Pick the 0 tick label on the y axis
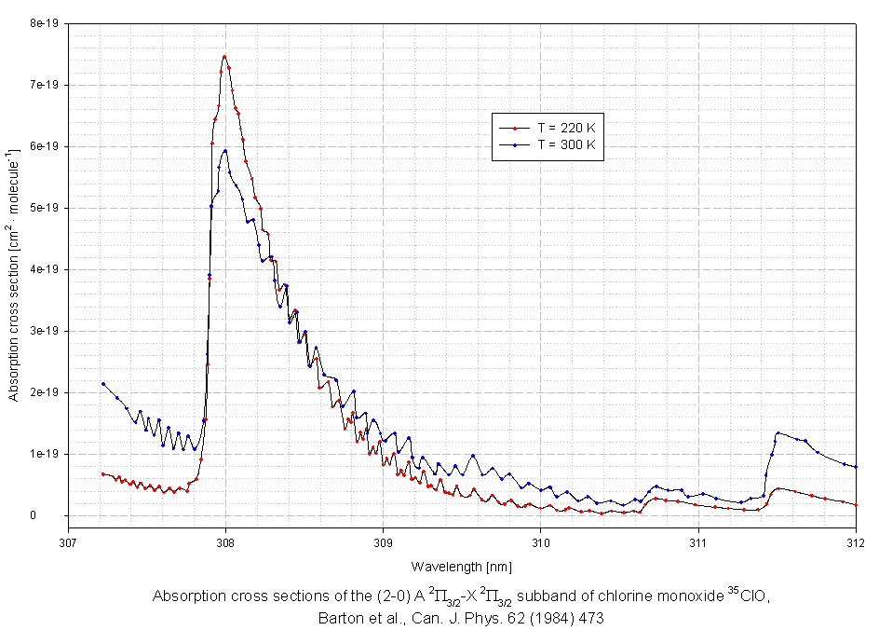(x=56, y=515)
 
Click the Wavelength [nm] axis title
(x=461, y=566)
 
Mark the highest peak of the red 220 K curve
(x=224, y=57)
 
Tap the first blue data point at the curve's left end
(x=103, y=384)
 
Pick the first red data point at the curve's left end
(x=103, y=474)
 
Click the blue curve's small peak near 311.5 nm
(x=778, y=433)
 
